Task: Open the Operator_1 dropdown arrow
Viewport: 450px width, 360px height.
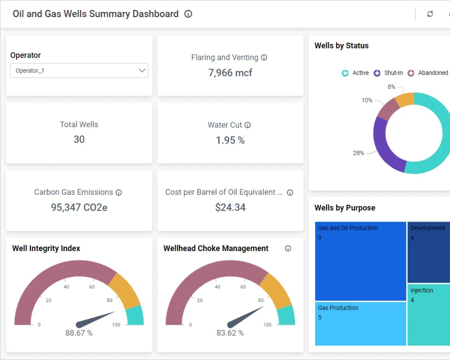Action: [x=142, y=70]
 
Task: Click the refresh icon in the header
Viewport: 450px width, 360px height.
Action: [x=430, y=14]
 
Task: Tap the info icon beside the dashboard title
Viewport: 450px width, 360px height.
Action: [x=188, y=14]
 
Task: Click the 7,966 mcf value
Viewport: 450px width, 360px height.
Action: [x=230, y=73]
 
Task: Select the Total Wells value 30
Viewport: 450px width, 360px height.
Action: [x=79, y=139]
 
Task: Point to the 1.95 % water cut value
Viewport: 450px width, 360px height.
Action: [x=230, y=140]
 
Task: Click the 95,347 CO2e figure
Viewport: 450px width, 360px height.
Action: [x=79, y=207]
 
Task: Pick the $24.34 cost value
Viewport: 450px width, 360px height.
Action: [x=230, y=207]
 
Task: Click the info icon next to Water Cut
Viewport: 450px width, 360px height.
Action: [x=248, y=125]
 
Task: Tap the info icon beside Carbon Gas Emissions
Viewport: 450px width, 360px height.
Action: [x=119, y=192]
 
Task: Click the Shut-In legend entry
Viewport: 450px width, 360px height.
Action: [x=388, y=73]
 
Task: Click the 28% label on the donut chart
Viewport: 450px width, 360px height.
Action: [x=358, y=153]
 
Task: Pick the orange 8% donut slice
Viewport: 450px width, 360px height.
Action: [x=405, y=100]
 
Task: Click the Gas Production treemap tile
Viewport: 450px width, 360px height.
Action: [x=360, y=323]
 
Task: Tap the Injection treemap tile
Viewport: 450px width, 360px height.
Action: [x=428, y=314]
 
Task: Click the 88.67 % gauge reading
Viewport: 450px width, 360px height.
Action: [x=79, y=333]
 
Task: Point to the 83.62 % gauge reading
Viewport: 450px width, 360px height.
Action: [x=230, y=333]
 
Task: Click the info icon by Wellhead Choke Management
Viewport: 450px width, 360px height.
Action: [x=288, y=248]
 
